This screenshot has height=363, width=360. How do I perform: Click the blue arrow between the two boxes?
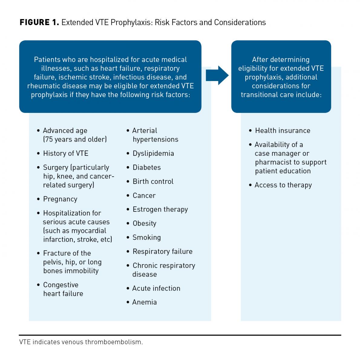(217, 75)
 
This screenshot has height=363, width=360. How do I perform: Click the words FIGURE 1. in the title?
(39, 22)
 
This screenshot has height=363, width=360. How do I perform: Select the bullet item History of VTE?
(65, 153)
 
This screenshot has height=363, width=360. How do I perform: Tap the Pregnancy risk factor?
(60, 199)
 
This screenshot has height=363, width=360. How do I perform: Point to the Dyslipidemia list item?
(153, 153)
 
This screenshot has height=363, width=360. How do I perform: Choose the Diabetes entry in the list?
(146, 167)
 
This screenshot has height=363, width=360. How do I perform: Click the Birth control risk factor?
(153, 181)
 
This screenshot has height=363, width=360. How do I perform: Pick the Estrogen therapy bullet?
(160, 209)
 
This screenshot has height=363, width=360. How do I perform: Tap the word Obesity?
(144, 224)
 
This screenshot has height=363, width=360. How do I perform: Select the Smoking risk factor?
(146, 237)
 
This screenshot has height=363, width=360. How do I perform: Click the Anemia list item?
(144, 302)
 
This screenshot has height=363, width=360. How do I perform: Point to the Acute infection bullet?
(156, 288)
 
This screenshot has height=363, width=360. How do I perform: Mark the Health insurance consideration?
(282, 131)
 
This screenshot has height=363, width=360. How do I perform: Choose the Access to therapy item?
(283, 185)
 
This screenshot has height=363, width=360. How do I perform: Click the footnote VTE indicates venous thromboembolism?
(81, 342)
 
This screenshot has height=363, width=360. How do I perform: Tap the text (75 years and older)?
(75, 139)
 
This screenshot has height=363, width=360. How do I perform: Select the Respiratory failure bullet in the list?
(162, 251)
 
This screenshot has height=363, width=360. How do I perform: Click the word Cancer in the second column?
(144, 195)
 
